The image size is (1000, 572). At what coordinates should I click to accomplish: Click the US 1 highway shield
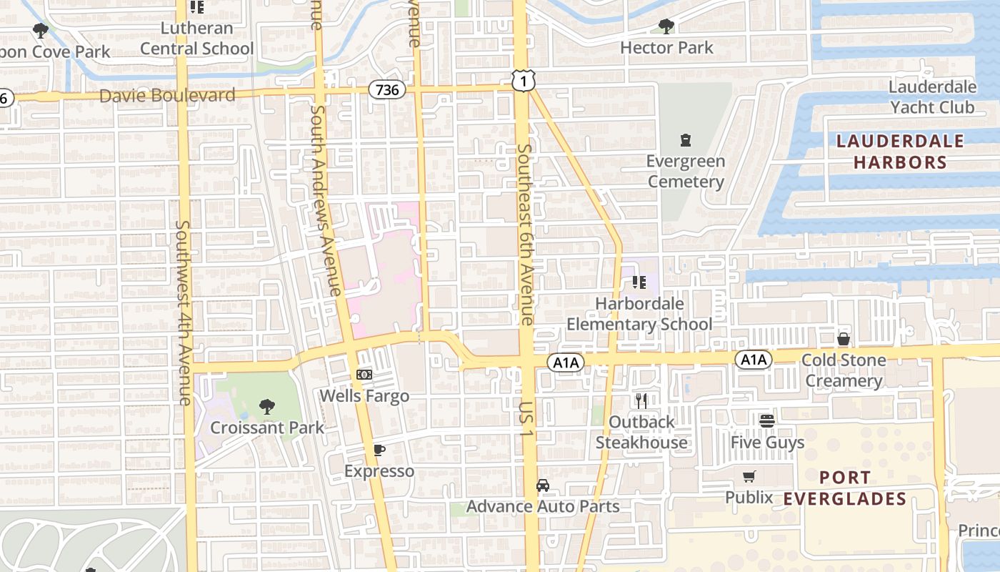tap(523, 81)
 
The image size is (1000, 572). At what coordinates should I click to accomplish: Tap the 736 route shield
tap(387, 89)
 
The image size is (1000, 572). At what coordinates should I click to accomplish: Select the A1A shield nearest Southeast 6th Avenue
tap(566, 363)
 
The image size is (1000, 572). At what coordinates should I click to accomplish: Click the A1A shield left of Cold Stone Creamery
tap(754, 360)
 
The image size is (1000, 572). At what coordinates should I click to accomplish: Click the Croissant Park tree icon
tap(266, 407)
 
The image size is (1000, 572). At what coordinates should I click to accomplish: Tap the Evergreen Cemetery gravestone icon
tap(686, 139)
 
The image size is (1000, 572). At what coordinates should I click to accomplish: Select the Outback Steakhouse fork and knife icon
tap(641, 400)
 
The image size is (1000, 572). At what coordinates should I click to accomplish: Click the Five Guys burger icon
tap(767, 420)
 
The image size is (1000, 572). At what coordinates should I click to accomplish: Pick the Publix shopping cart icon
tap(749, 476)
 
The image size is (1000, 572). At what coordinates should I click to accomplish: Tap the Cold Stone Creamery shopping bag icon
tap(844, 338)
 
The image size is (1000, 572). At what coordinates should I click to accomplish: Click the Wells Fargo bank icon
tap(364, 374)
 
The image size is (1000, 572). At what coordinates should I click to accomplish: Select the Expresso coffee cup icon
tap(379, 450)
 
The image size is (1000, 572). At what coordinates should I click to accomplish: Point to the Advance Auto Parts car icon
tap(543, 485)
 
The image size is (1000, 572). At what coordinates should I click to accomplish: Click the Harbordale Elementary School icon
tap(639, 282)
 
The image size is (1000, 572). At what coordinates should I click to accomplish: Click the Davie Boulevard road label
tap(167, 95)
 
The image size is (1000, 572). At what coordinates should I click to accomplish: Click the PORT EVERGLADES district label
tap(844, 488)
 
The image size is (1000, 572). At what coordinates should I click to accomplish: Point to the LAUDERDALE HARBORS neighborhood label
tap(899, 152)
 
